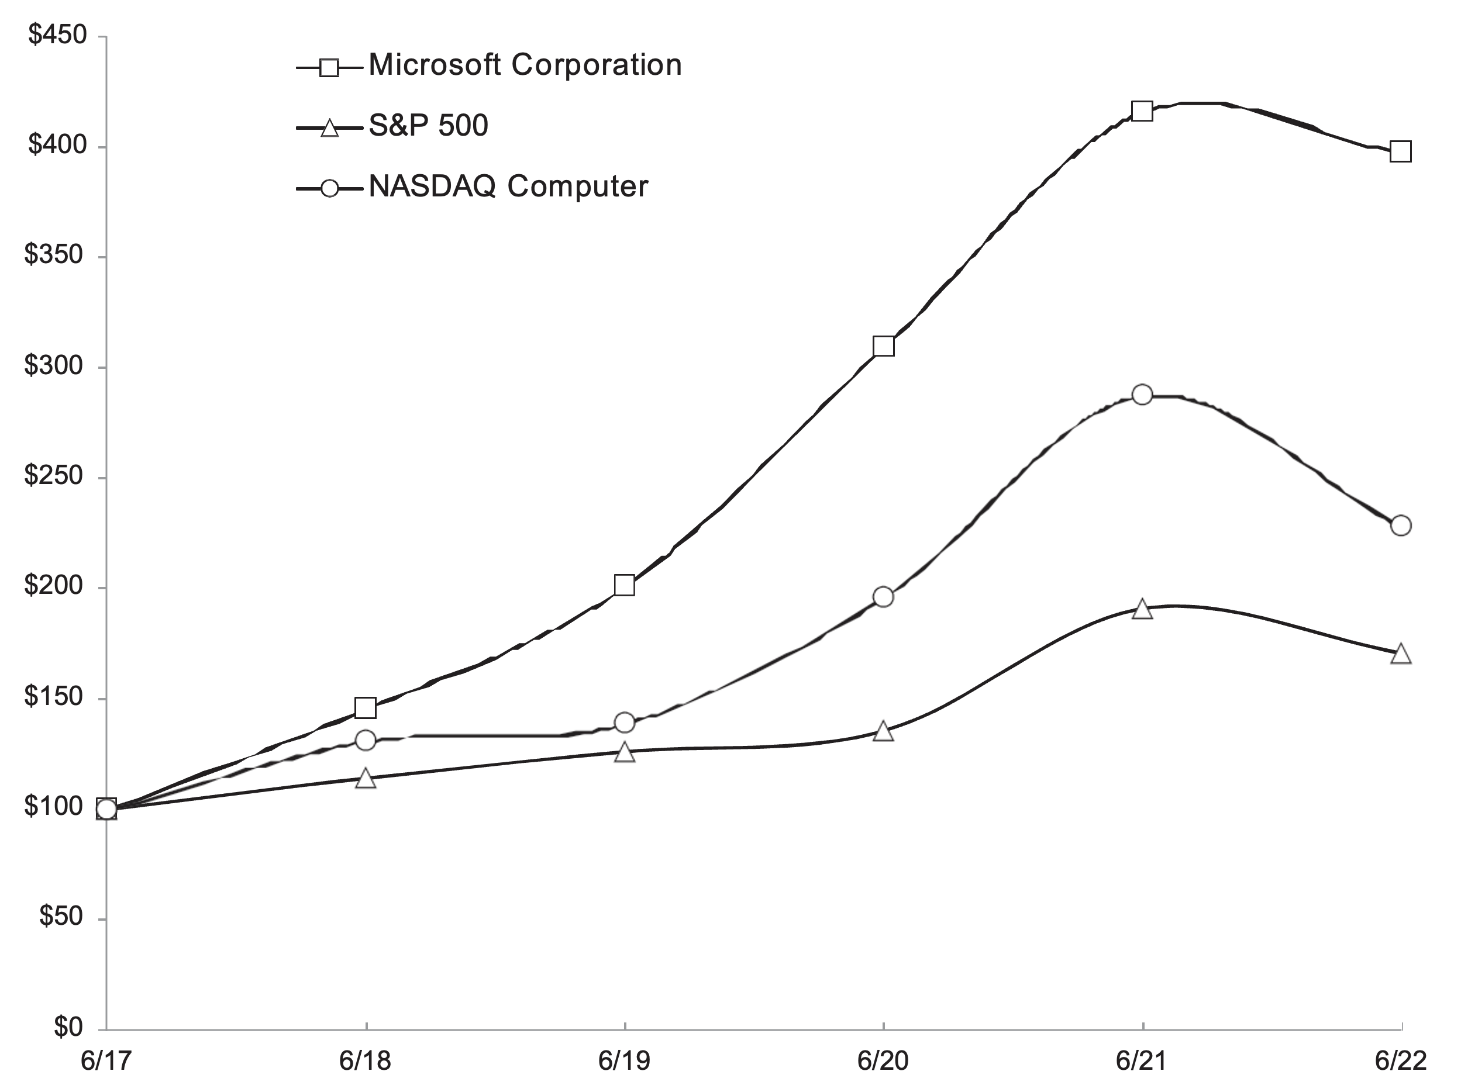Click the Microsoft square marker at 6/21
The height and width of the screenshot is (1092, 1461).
tap(1142, 111)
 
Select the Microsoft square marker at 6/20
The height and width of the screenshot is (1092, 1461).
tap(883, 346)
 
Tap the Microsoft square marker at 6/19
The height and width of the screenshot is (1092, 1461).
tap(624, 585)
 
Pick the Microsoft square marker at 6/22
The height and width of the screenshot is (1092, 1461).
tap(1400, 152)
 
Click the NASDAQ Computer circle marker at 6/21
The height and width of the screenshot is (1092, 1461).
tap(1142, 395)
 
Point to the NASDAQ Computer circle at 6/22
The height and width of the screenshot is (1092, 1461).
tap(1400, 526)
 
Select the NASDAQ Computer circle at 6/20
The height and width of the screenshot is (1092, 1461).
tap(883, 597)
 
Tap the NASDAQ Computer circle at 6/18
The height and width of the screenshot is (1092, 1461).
tap(365, 740)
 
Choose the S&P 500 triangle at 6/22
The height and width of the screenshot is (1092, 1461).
tap(1400, 654)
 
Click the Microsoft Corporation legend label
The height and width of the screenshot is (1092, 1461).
tap(525, 65)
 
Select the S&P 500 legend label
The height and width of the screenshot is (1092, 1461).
tap(428, 126)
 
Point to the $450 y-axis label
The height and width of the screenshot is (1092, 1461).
tap(57, 35)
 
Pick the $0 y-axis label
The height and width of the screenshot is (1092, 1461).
tap(68, 1027)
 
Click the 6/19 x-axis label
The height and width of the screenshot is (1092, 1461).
tap(624, 1061)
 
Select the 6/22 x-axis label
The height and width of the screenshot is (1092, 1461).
tap(1400, 1061)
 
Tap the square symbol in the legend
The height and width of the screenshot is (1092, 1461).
tap(329, 67)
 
